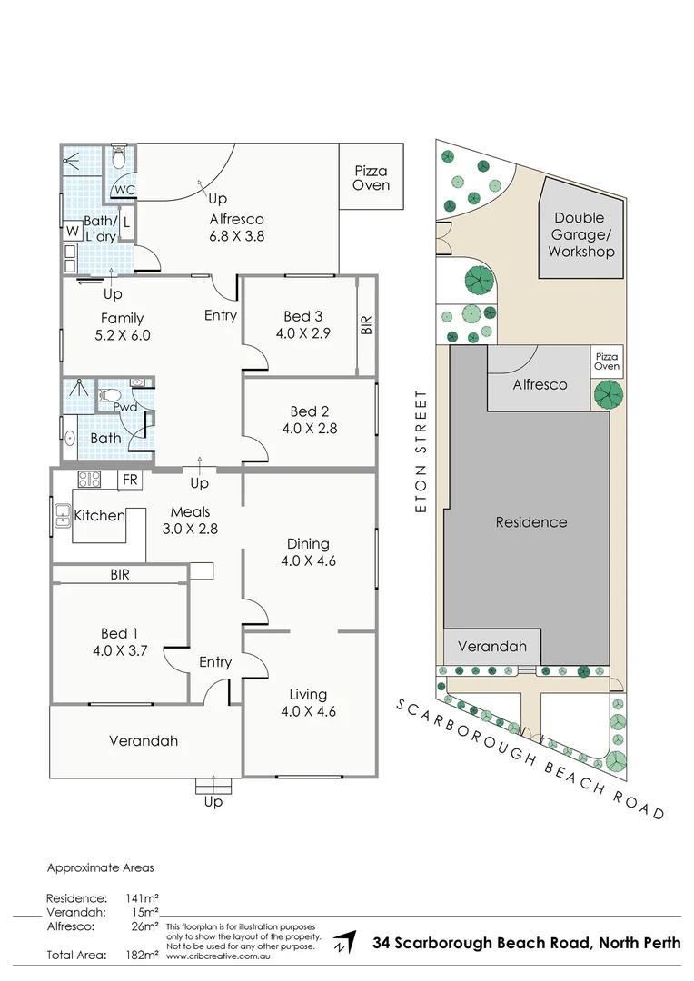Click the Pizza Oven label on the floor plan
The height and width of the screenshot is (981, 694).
click(371, 178)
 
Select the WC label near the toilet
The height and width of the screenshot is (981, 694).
click(124, 190)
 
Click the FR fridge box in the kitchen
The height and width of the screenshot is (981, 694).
click(130, 479)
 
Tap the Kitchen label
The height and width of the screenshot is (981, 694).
click(99, 516)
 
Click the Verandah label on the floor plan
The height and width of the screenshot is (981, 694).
click(144, 740)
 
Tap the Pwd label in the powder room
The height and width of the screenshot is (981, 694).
click(124, 407)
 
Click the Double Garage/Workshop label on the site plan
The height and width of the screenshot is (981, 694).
click(581, 234)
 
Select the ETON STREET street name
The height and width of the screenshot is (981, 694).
click(421, 451)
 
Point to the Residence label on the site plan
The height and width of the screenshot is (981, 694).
click(531, 522)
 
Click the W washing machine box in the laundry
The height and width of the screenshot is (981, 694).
click(71, 232)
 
